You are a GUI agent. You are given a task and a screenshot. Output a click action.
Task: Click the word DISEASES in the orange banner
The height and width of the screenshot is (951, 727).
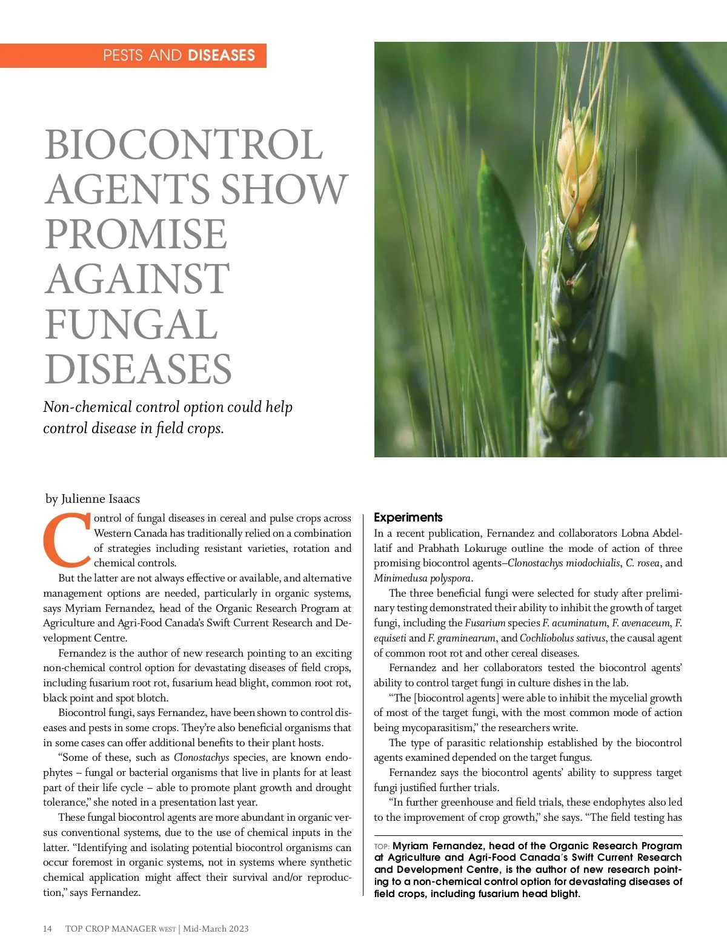point(221,56)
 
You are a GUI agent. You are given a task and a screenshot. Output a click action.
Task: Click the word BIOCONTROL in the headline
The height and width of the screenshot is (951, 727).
point(184,145)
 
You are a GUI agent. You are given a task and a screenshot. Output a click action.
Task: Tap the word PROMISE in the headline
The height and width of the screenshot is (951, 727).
point(136,234)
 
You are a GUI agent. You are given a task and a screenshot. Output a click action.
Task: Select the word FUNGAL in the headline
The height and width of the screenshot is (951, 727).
point(131,324)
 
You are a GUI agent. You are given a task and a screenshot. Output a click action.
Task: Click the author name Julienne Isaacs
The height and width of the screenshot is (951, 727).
point(101,499)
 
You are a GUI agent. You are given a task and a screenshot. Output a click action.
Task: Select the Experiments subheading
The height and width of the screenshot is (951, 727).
point(408,517)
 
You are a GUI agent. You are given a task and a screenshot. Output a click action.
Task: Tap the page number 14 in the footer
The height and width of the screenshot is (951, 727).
point(47,929)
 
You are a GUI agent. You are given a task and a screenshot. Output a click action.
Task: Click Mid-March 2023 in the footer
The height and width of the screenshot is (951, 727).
point(216,929)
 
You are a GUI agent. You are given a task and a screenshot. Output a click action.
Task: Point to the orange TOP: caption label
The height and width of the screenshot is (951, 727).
point(382,846)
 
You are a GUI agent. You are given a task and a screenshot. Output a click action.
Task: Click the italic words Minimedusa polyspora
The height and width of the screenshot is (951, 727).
point(422,578)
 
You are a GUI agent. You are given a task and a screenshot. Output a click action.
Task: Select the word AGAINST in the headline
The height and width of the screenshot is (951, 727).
point(138,279)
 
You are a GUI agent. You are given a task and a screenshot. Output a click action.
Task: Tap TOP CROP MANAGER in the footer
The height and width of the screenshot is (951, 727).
point(111,929)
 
